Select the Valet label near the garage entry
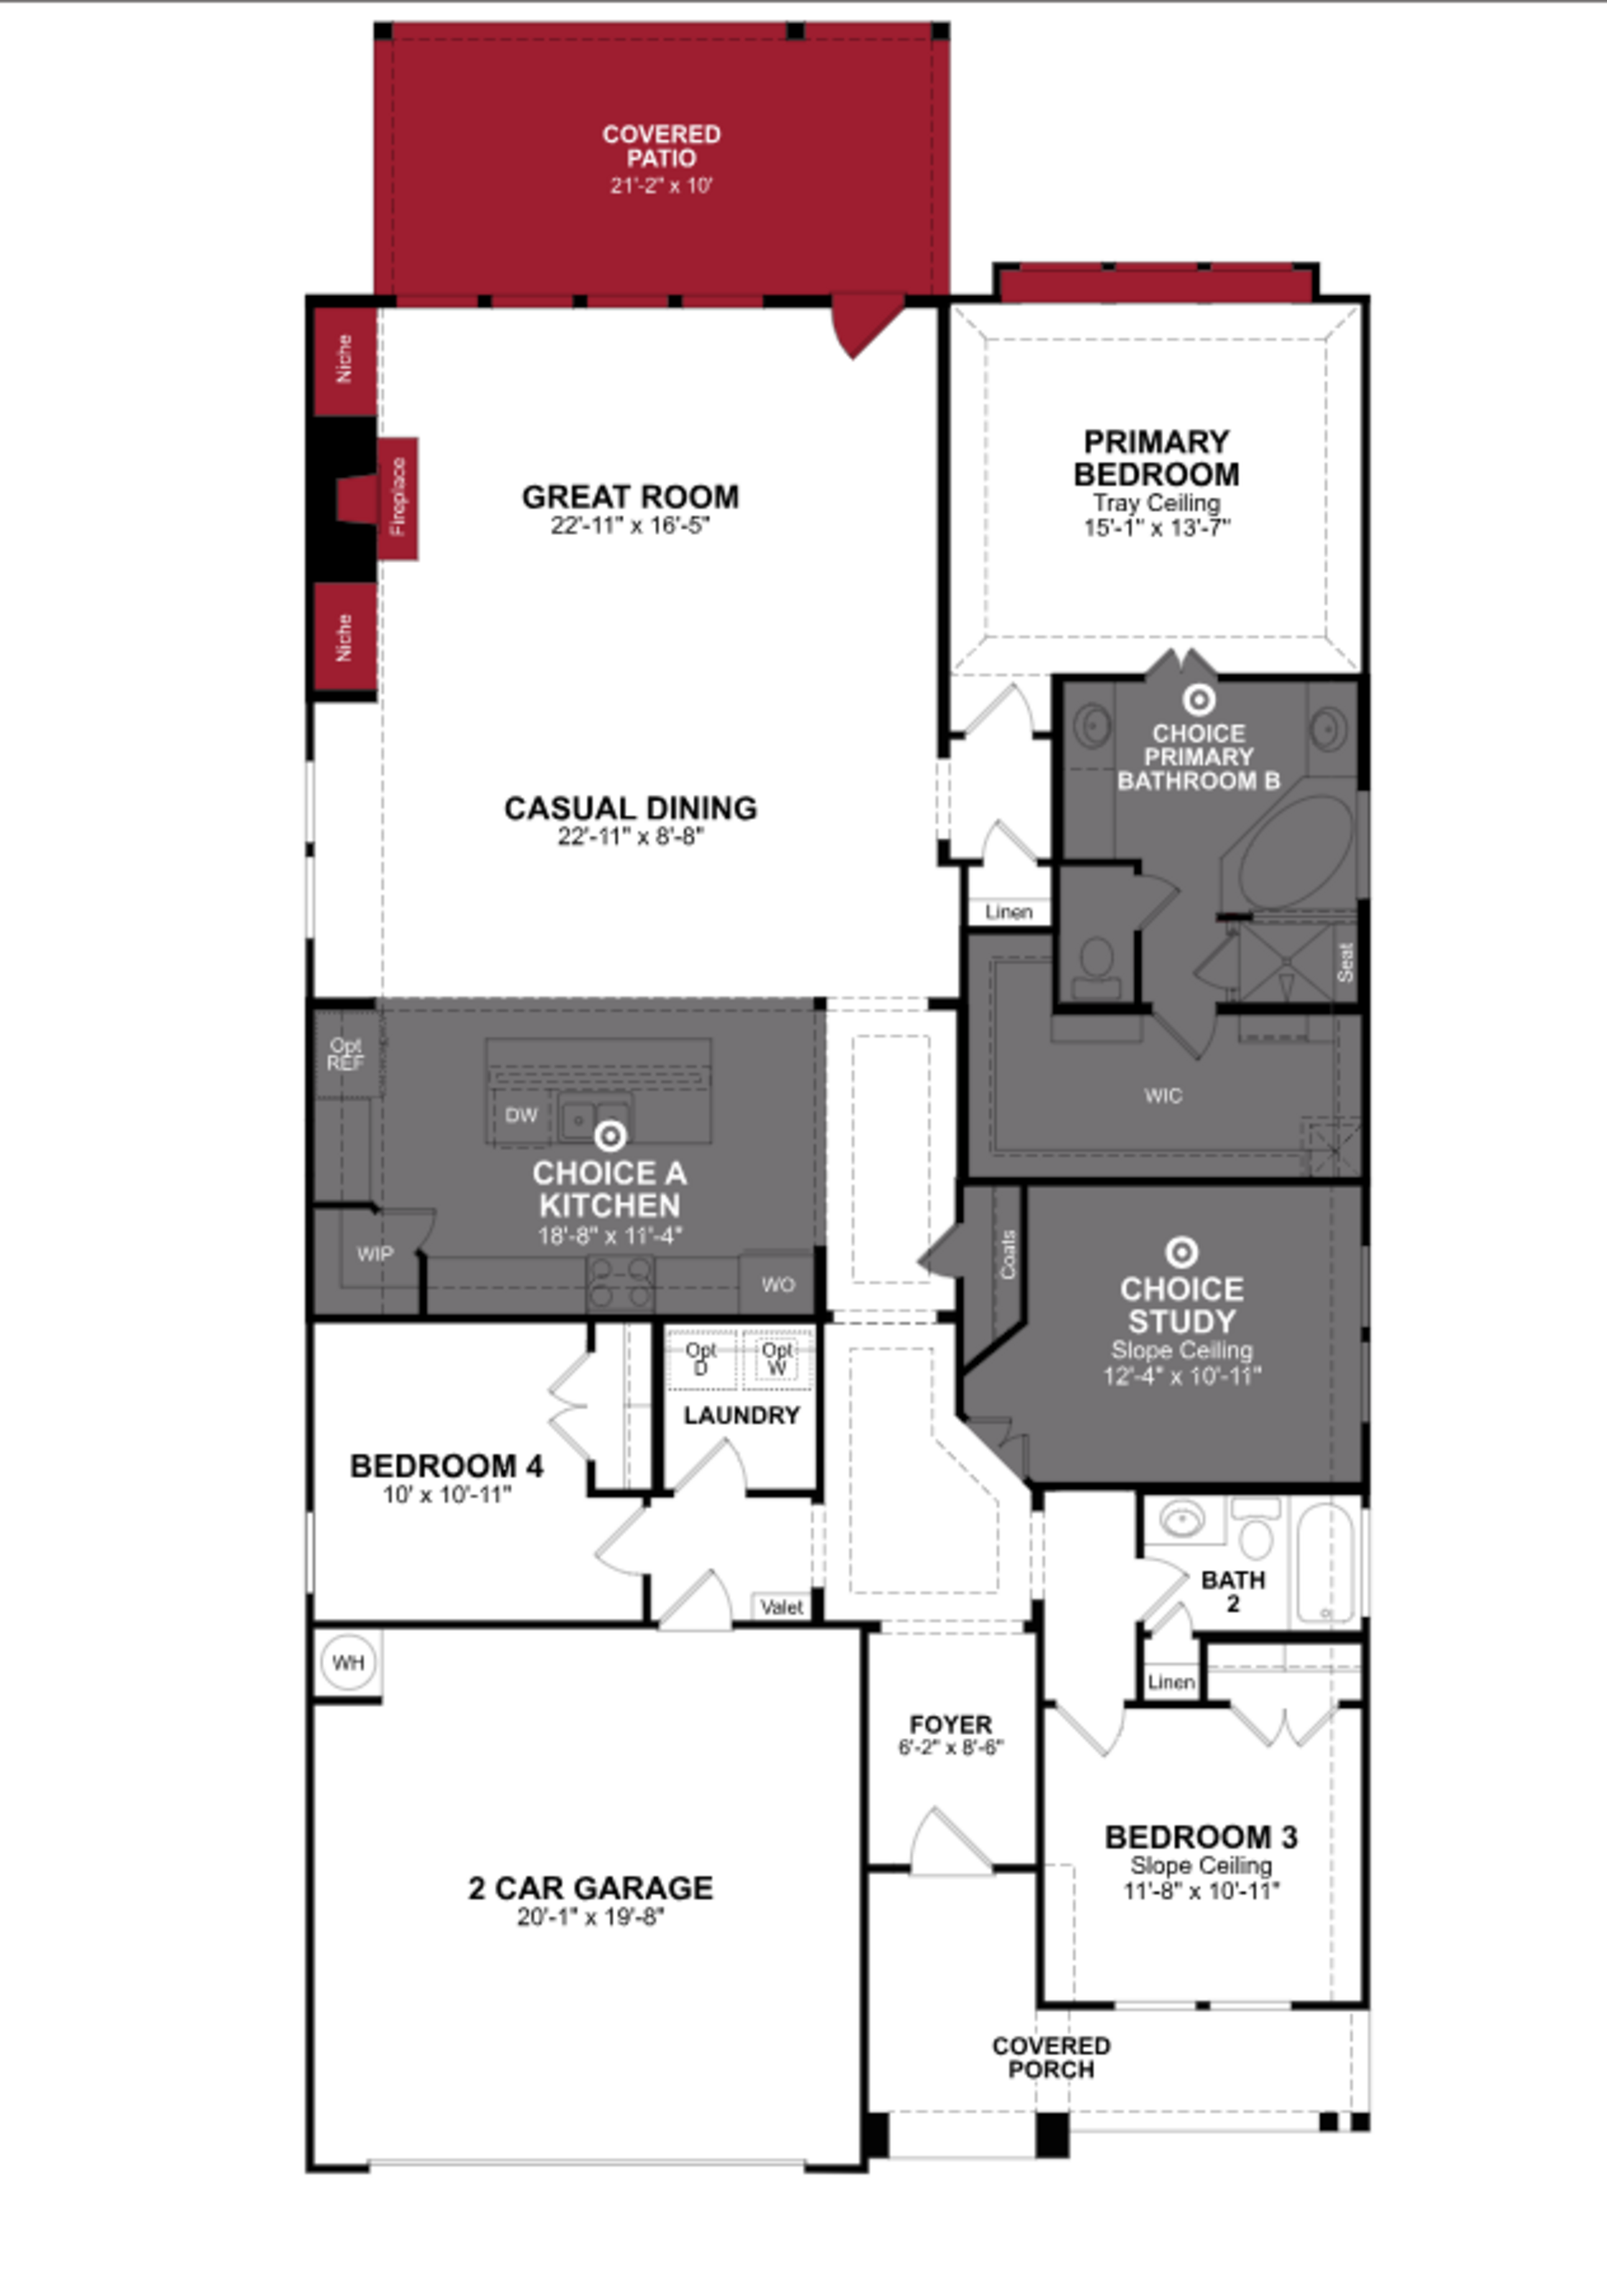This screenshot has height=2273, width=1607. pos(781,1607)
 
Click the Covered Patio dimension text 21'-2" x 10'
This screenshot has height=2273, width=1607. pos(660,185)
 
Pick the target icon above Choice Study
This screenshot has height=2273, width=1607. pos(1181,1252)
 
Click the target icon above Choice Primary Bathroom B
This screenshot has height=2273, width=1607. pos(1198,700)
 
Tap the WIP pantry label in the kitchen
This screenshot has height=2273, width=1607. pos(374,1254)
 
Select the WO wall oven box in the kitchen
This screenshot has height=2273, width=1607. pos(777,1284)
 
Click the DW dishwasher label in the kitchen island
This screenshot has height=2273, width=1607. pos(521,1116)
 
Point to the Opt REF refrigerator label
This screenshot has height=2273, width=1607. pos(346,1054)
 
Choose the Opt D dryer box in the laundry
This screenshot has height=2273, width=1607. pos(701,1359)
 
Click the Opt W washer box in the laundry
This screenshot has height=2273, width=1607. pos(777,1359)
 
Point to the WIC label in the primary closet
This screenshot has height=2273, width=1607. pos(1163,1096)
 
